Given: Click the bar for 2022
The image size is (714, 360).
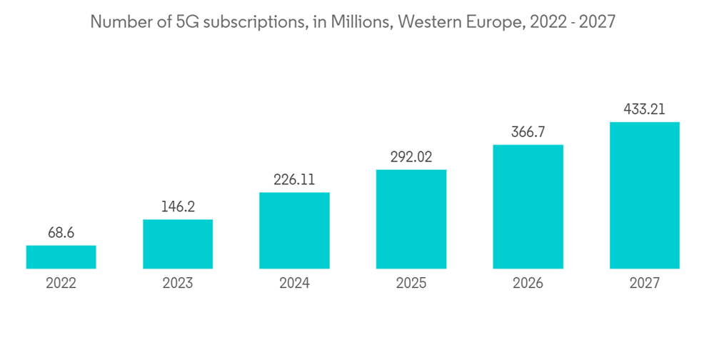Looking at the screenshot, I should point(61,257).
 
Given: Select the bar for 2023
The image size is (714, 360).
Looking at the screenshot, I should point(178,244).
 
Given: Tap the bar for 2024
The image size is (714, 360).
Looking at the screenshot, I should point(294,230).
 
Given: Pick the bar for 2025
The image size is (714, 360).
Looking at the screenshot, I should point(411,219).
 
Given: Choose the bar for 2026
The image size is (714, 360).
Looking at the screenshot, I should point(528,206).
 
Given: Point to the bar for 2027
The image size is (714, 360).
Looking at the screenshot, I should point(645,195).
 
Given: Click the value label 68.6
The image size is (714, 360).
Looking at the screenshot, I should point(61,233).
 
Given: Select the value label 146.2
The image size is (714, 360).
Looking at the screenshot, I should point(178,206).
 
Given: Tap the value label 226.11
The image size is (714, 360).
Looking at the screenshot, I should point(294,180).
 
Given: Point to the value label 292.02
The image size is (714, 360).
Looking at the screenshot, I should point(411,157).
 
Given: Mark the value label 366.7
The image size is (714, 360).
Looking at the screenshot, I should point(528,132).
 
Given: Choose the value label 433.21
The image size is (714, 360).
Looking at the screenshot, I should point(645,109).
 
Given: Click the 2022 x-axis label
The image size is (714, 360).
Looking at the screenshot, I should point(61,284).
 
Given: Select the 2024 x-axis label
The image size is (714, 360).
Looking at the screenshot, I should point(294,284).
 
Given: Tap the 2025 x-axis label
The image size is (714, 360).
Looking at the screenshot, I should point(411,284).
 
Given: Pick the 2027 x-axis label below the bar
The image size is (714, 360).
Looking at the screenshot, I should point(645,284).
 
